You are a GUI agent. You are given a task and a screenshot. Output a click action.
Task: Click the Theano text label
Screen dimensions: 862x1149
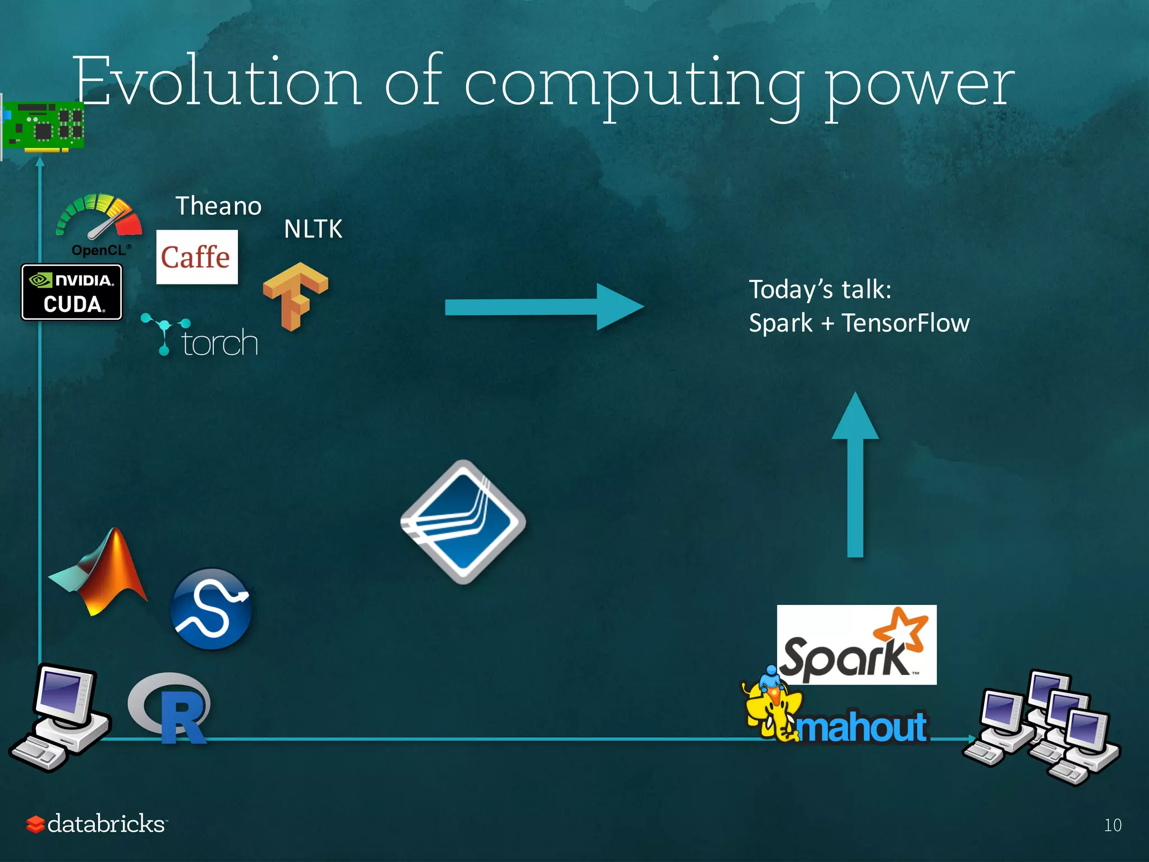point(218,206)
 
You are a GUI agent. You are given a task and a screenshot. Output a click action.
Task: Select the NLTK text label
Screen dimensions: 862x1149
point(312,229)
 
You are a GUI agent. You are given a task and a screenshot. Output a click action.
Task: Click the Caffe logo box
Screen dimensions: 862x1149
point(196,257)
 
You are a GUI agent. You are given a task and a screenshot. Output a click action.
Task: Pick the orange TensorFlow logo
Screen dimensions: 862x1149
point(295,295)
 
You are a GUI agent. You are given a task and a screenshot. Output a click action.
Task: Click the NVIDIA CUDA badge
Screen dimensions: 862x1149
point(72,292)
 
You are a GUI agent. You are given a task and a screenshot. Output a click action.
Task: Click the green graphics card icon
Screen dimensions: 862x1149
point(43,127)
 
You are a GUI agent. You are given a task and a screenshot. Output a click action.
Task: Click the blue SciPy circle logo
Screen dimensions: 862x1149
point(211,609)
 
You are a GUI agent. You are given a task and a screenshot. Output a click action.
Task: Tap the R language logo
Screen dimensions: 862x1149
point(171,708)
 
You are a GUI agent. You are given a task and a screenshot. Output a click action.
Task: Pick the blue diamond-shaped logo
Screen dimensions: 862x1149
point(463,522)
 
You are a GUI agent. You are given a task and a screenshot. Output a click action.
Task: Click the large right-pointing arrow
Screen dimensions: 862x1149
point(544,306)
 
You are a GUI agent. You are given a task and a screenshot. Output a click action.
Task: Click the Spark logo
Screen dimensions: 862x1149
point(856,645)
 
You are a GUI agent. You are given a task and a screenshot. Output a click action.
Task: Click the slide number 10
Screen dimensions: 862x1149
point(1113,825)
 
